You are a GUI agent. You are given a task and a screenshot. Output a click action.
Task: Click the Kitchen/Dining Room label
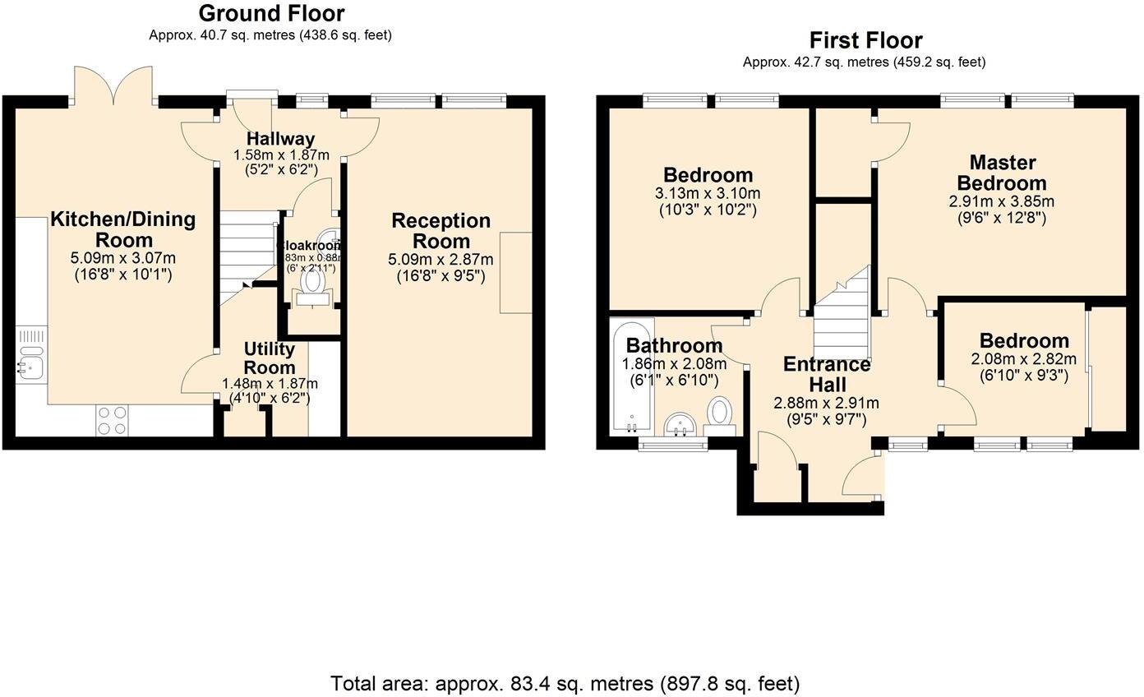click(123, 229)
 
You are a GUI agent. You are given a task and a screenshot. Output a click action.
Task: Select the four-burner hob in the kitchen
click(113, 420)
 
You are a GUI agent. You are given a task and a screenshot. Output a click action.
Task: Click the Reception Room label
click(441, 231)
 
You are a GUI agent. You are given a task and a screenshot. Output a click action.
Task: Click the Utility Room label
click(270, 358)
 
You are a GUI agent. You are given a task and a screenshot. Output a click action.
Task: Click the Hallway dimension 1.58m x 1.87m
click(281, 155)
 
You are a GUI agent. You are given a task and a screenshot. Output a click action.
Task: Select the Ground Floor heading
click(271, 13)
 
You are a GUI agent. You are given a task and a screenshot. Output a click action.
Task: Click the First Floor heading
click(865, 40)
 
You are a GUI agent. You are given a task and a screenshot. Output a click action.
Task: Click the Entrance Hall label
click(826, 374)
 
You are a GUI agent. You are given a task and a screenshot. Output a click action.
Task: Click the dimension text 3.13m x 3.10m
click(708, 194)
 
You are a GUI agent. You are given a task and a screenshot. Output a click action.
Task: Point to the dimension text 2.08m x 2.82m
click(1023, 359)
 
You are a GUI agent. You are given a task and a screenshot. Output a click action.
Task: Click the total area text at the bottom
click(565, 683)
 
